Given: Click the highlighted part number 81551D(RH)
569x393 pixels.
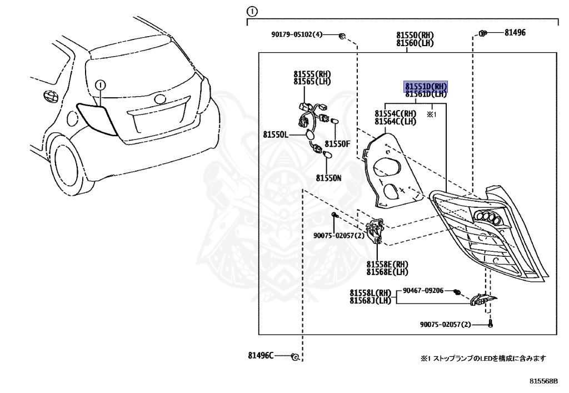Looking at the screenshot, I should click(426, 86).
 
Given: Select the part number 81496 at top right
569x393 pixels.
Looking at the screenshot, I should click(515, 33).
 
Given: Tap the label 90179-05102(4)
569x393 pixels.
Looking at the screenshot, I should click(297, 34).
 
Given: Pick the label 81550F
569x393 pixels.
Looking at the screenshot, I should click(338, 143).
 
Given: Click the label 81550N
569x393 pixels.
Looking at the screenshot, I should click(329, 178).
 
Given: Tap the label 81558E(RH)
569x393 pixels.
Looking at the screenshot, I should click(387, 264).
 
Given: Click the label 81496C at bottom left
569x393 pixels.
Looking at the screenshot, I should click(261, 355).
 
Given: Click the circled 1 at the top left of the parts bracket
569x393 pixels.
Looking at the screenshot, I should click(252, 11).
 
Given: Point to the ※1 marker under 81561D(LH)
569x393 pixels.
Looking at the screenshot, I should click(432, 115).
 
